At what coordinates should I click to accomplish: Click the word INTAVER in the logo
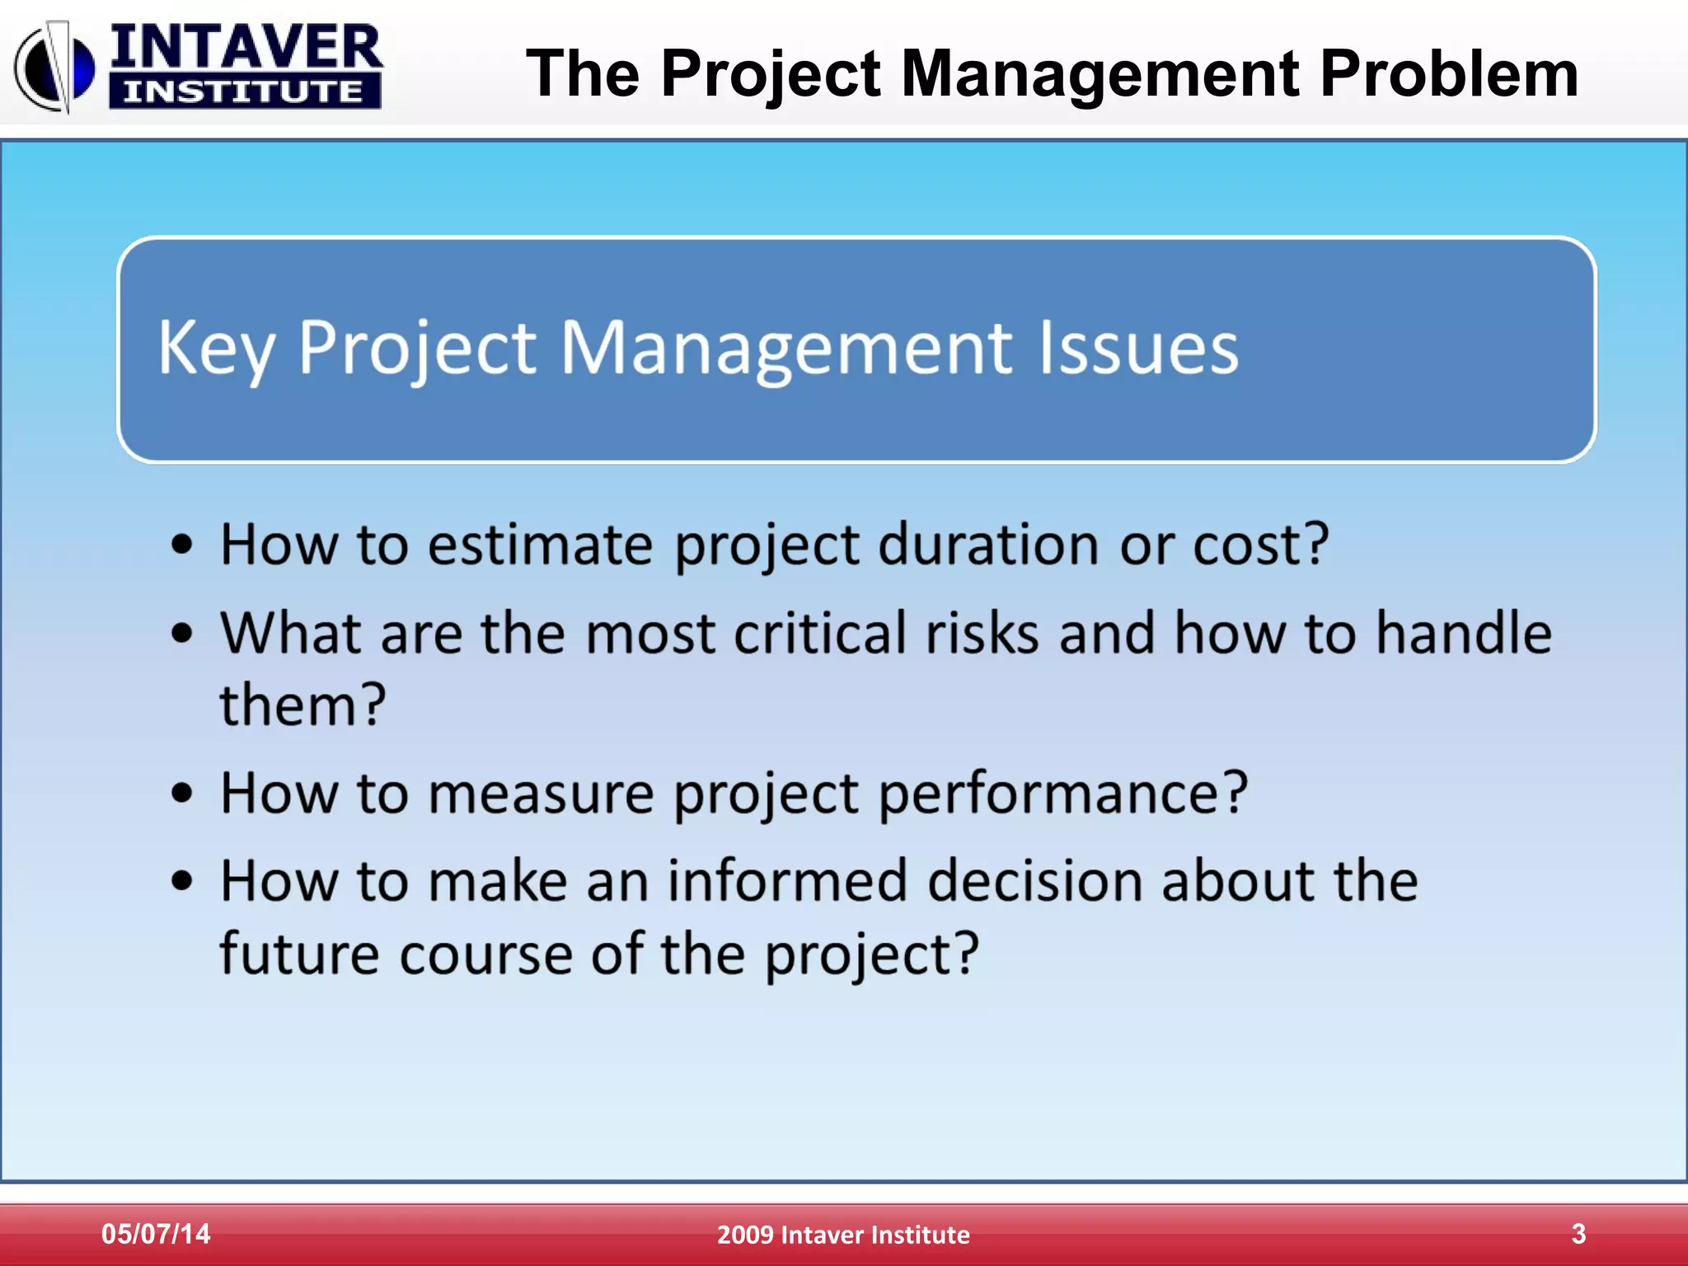pos(246,48)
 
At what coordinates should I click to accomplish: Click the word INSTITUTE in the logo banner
pos(244,91)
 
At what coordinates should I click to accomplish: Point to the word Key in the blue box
pos(216,350)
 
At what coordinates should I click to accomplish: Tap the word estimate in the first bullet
pos(540,546)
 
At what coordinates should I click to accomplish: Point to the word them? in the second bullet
pos(302,706)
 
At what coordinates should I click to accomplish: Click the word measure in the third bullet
pos(540,794)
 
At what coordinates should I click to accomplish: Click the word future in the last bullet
pos(299,954)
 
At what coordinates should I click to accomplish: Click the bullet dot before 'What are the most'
pos(182,634)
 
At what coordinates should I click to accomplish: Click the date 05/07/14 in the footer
pos(156,1234)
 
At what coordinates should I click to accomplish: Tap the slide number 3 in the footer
pos(1578,1234)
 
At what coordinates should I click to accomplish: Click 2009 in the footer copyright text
pos(744,1235)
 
